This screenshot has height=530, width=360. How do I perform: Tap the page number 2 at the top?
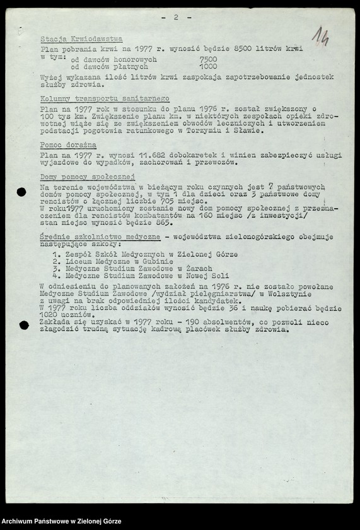coord(176,18)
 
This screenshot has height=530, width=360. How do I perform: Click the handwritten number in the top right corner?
coord(320,37)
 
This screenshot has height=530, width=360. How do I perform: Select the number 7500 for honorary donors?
coord(208,59)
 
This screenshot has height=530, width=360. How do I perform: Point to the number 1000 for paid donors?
coord(208,66)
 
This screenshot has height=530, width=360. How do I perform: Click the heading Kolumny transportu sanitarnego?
coord(105,100)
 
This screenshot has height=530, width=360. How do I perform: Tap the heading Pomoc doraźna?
coord(68,145)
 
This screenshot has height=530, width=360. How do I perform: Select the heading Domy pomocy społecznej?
coord(88,177)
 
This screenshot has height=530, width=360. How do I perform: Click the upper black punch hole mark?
coord(21,192)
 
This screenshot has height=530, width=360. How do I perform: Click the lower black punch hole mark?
coord(24,326)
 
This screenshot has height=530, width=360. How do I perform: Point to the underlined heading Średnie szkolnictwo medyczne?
coord(100,235)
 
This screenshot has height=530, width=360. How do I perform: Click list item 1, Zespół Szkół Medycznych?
coord(145,254)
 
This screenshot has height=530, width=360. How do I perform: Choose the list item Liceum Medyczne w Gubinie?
coord(113,261)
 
